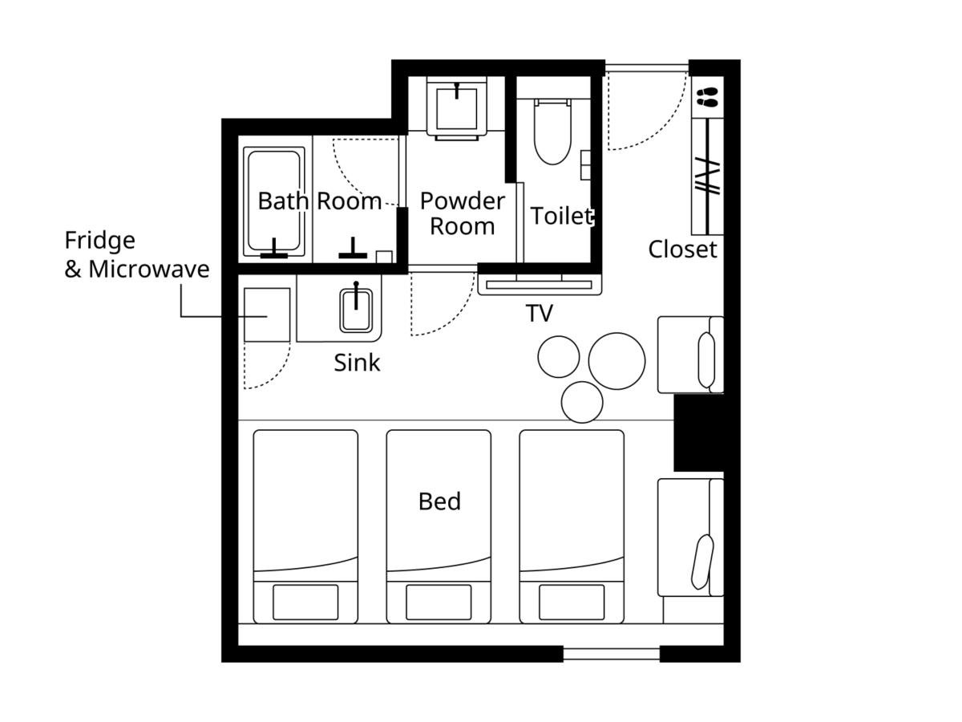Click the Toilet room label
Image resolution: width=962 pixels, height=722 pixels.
point(562,216)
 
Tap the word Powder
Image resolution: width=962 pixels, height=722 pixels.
point(463,201)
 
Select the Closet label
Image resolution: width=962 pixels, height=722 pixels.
point(682,249)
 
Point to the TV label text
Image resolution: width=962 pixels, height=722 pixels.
point(539,313)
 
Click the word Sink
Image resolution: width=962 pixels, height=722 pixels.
point(357,363)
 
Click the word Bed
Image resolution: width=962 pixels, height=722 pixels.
point(439,501)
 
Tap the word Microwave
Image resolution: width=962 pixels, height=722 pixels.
point(149,269)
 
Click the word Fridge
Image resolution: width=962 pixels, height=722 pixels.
point(100,241)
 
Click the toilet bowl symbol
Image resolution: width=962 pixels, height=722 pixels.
point(552,132)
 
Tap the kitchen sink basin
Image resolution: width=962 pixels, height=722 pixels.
point(356,310)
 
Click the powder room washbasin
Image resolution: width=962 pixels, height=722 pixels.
point(457,108)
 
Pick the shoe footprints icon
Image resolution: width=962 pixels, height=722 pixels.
point(707,97)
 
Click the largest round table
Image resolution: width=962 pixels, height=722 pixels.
point(616,361)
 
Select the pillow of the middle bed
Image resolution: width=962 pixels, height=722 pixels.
point(439,602)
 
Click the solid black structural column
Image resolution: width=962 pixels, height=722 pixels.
point(698,433)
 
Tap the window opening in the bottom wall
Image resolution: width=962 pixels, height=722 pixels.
point(611,654)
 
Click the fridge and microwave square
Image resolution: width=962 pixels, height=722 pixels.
point(267,314)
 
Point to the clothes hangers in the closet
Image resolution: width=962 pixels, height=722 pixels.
point(707,177)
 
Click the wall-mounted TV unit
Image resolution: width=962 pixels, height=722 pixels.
point(540,285)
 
